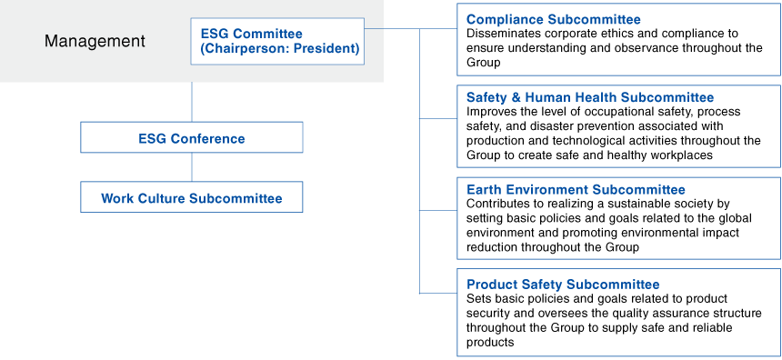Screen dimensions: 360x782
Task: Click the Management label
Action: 95,41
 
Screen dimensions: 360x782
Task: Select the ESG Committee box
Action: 277,41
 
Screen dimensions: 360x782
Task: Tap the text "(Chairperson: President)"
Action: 279,48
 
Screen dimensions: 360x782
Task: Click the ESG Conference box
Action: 191,138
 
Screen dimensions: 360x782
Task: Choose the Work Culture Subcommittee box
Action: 191,198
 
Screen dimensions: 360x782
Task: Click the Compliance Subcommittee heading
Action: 553,19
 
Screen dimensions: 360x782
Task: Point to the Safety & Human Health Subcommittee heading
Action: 589,97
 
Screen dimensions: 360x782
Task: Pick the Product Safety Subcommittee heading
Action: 562,285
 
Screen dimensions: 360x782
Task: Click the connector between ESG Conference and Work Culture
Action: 191,167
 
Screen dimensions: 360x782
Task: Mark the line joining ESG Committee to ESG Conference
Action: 191,100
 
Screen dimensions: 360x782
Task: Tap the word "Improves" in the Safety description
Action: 490,111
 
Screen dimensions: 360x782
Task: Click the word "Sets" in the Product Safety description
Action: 478,298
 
